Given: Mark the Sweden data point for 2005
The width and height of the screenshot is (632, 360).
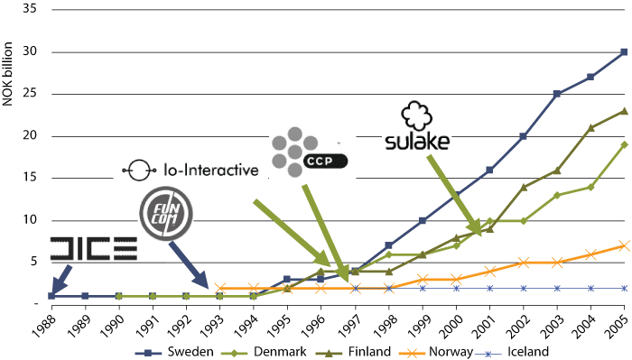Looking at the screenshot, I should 624,52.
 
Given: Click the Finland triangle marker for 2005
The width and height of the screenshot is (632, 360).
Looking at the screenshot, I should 624,111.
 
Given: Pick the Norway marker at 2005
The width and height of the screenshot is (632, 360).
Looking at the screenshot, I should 624,245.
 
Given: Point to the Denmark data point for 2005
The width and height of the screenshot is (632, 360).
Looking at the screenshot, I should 624,144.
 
